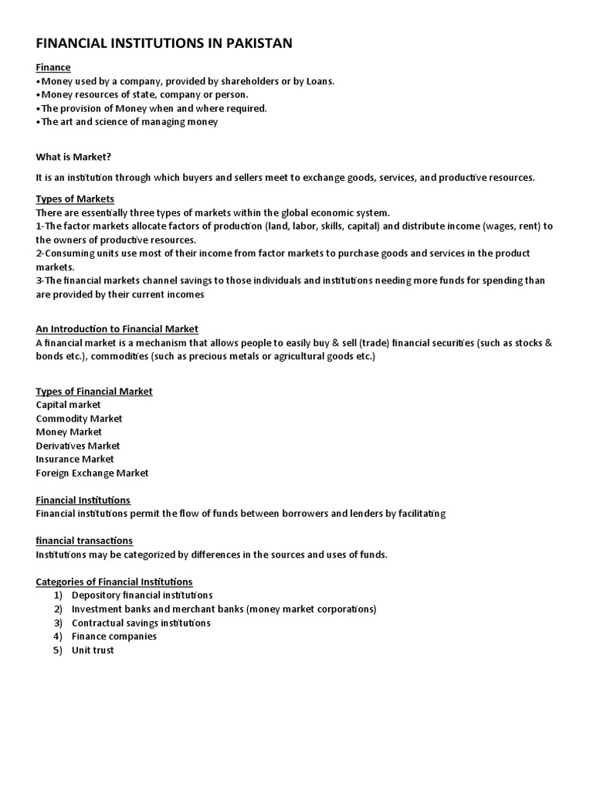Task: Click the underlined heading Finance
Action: [53, 68]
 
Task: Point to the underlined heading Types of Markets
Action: [75, 199]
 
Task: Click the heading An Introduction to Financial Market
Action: [117, 329]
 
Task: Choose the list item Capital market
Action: [68, 405]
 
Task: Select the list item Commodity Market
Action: [79, 419]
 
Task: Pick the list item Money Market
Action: [69, 432]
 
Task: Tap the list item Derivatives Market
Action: [78, 446]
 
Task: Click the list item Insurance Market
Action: [74, 459]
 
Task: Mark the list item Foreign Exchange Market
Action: [92, 473]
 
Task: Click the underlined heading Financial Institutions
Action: [83, 501]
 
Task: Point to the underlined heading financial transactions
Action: [84, 541]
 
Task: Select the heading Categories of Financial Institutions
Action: [114, 582]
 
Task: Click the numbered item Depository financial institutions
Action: [142, 596]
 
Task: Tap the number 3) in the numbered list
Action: [58, 623]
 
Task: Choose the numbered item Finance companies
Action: [114, 637]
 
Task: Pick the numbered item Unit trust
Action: [93, 650]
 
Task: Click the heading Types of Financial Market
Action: [94, 392]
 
